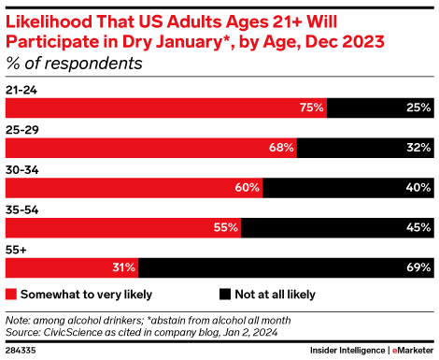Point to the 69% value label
(418, 267)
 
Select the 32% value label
(418, 148)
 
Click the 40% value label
(418, 187)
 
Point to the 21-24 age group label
(22, 90)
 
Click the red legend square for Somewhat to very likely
(11, 294)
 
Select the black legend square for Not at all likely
(225, 294)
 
